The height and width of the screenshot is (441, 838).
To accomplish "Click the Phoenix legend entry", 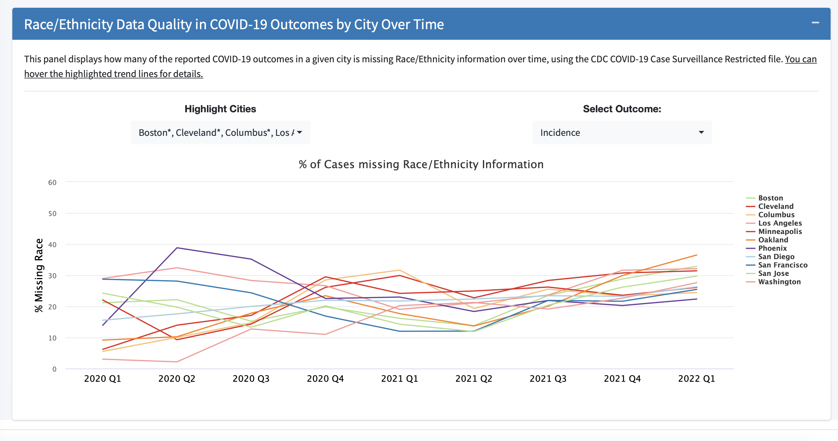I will [x=772, y=248].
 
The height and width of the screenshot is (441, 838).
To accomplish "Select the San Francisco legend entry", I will [x=782, y=265].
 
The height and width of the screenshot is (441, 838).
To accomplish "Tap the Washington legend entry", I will [x=779, y=282].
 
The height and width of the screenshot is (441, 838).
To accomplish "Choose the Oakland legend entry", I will [x=773, y=240].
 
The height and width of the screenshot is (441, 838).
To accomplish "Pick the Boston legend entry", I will [x=770, y=198].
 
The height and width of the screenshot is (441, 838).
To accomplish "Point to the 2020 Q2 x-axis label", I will [x=177, y=379].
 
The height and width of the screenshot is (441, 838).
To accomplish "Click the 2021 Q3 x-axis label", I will [x=548, y=379].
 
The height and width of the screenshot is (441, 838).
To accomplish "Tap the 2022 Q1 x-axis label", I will [x=697, y=379].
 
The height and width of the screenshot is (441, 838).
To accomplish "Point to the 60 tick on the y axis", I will [x=52, y=182].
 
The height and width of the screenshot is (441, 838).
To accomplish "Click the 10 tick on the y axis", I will [x=52, y=338].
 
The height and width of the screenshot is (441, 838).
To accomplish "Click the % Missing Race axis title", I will [x=39, y=275].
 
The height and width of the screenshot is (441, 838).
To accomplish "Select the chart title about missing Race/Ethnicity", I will [x=421, y=164].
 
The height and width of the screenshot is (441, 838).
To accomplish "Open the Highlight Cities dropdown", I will [x=220, y=132].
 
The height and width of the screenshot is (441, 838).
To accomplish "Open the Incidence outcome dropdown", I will [x=622, y=132].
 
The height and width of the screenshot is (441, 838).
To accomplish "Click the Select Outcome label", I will [x=622, y=109].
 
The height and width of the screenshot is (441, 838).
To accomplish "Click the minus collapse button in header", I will [x=815, y=23].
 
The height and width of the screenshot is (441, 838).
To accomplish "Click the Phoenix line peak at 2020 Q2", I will [x=177, y=248].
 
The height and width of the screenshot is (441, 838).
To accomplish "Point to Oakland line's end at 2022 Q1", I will [x=697, y=255].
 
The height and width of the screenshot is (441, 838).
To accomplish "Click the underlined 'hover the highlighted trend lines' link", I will [x=114, y=74].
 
